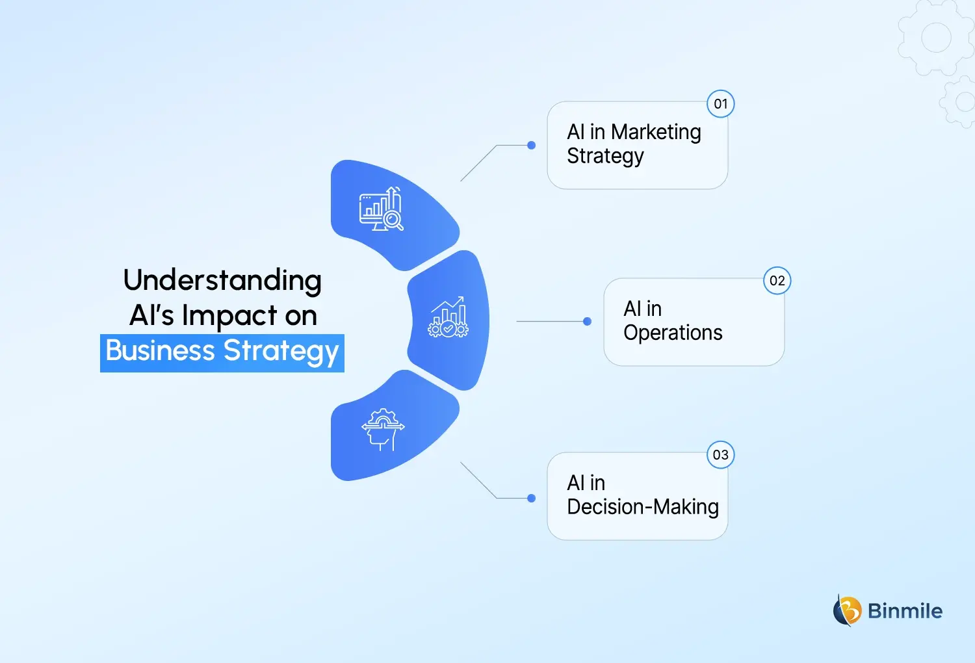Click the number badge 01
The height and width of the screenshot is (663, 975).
coord(720,104)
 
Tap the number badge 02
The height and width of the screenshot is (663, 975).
coord(777,281)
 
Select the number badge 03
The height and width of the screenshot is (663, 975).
coord(720,455)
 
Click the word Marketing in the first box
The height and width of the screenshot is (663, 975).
coord(656,133)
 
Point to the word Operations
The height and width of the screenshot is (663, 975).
coord(673,333)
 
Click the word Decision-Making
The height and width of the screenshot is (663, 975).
coord(642,507)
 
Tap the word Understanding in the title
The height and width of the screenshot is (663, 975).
coord(222,281)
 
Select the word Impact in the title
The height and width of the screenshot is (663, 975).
coord(229,316)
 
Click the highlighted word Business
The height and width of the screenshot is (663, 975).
coord(161,351)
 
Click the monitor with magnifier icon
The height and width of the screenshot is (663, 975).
coord(382,209)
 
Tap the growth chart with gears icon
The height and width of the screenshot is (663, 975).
coord(448,317)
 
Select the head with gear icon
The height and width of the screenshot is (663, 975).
coord(383,429)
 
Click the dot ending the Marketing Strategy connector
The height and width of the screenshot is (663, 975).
coord(531,146)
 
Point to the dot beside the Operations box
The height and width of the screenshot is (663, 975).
coord(588,321)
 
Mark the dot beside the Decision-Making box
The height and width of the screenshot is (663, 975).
coord(531,499)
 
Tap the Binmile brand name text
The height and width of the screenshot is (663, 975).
coord(905,611)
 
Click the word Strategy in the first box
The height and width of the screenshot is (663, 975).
coord(605,157)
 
